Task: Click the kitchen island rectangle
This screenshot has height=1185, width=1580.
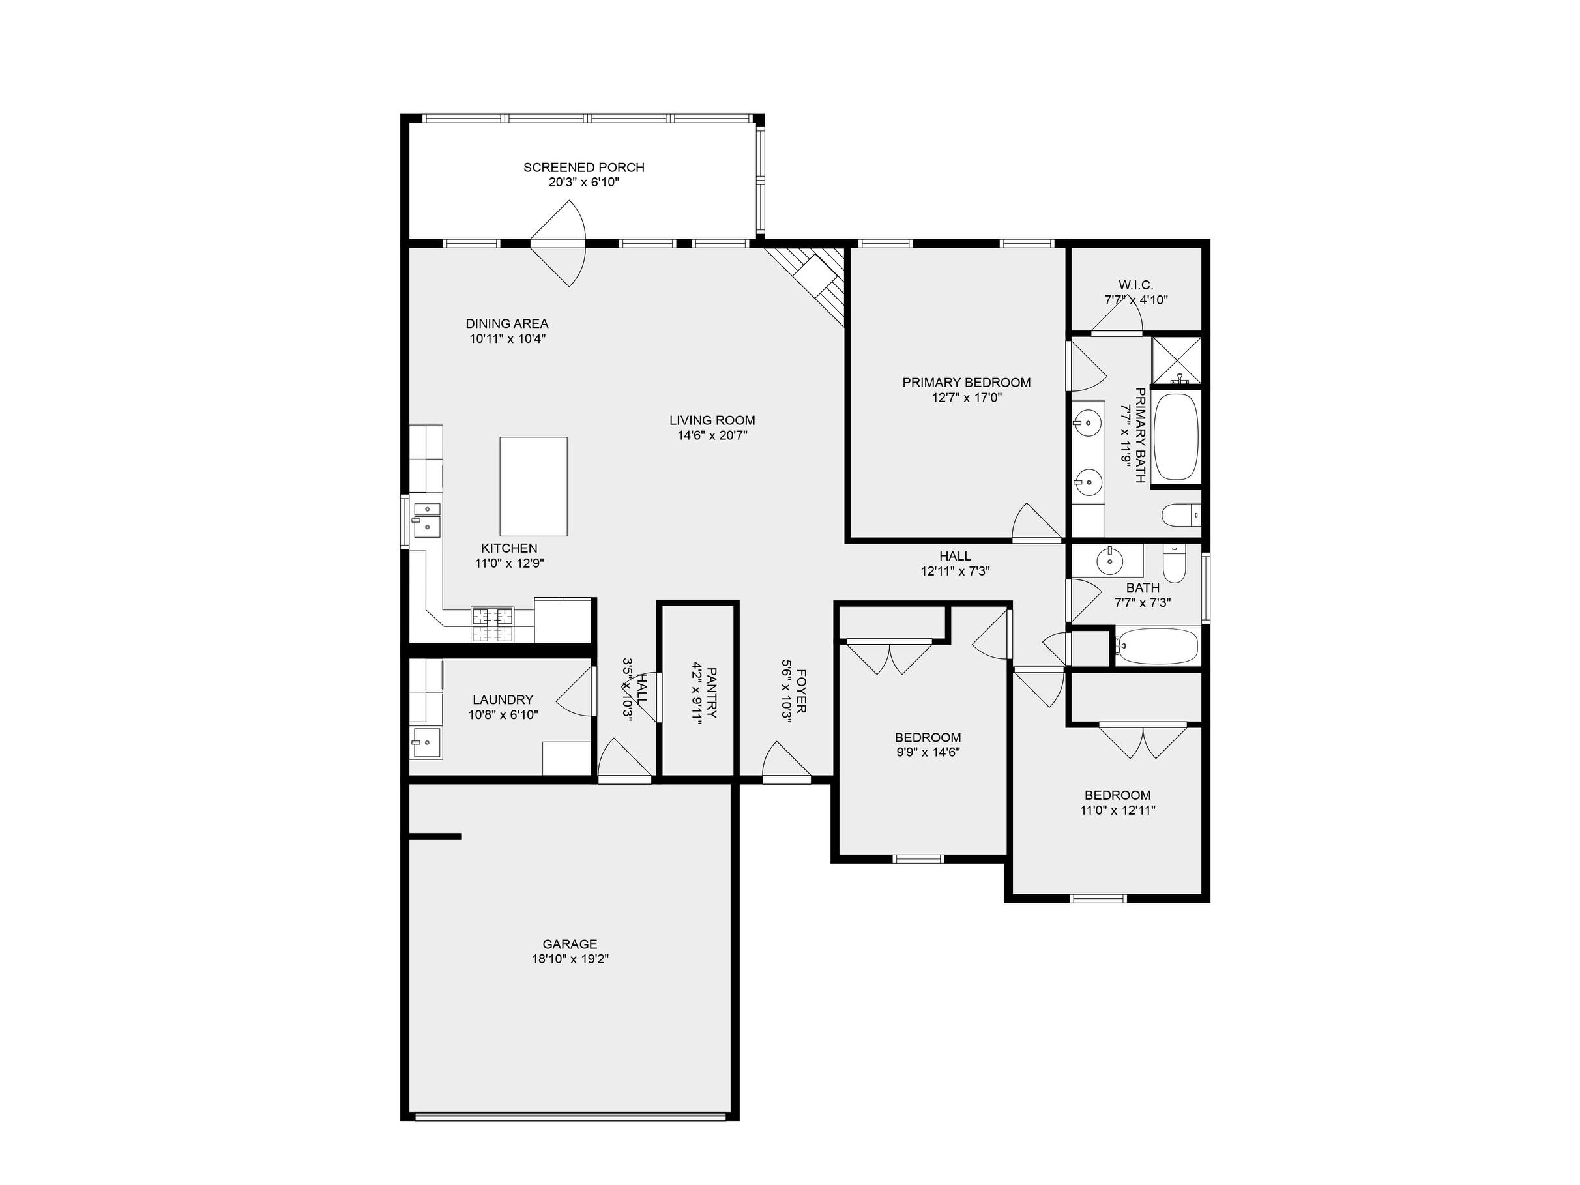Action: click(534, 486)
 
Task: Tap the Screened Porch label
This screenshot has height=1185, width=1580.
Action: click(583, 167)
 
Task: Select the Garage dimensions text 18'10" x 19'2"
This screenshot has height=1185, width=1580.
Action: click(570, 959)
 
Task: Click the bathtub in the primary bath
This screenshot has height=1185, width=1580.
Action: click(1176, 437)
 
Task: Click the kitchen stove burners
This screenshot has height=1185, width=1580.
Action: click(492, 624)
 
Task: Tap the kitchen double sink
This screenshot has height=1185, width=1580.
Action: click(426, 519)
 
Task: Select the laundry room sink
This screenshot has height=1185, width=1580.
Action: click(426, 743)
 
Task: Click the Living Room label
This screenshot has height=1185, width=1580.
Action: click(712, 420)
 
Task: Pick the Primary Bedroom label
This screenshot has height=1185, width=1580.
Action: click(967, 382)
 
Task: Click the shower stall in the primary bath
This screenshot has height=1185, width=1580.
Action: click(1177, 360)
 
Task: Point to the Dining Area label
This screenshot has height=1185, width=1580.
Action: click(507, 323)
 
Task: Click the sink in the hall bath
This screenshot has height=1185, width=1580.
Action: click(1109, 561)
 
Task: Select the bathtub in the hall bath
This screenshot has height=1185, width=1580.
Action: click(1158, 647)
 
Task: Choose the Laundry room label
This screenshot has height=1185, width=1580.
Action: click(503, 699)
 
